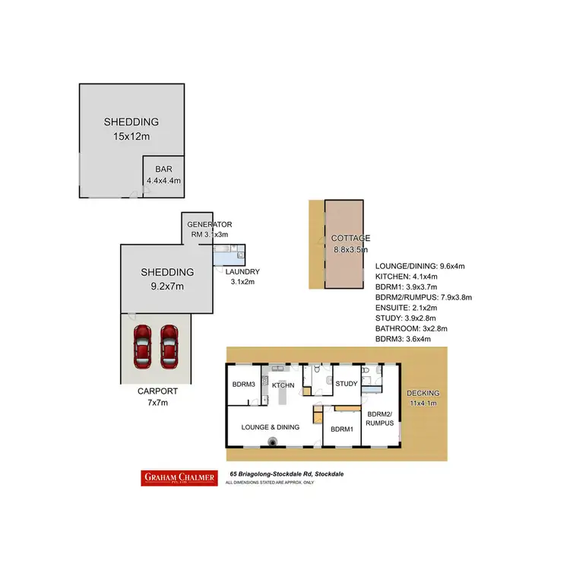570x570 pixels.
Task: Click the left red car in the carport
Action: point(143,347)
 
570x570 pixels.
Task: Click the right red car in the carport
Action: point(169,347)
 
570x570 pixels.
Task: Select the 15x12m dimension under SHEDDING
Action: point(131,136)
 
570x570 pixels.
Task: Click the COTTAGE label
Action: point(351,238)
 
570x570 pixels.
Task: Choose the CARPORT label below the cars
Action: point(157,391)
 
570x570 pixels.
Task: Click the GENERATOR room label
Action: point(209,225)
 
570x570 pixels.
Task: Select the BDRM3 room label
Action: point(243,384)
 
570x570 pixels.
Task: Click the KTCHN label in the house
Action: point(283,385)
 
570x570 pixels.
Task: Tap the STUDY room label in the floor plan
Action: point(346,384)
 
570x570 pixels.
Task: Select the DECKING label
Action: point(423,393)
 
